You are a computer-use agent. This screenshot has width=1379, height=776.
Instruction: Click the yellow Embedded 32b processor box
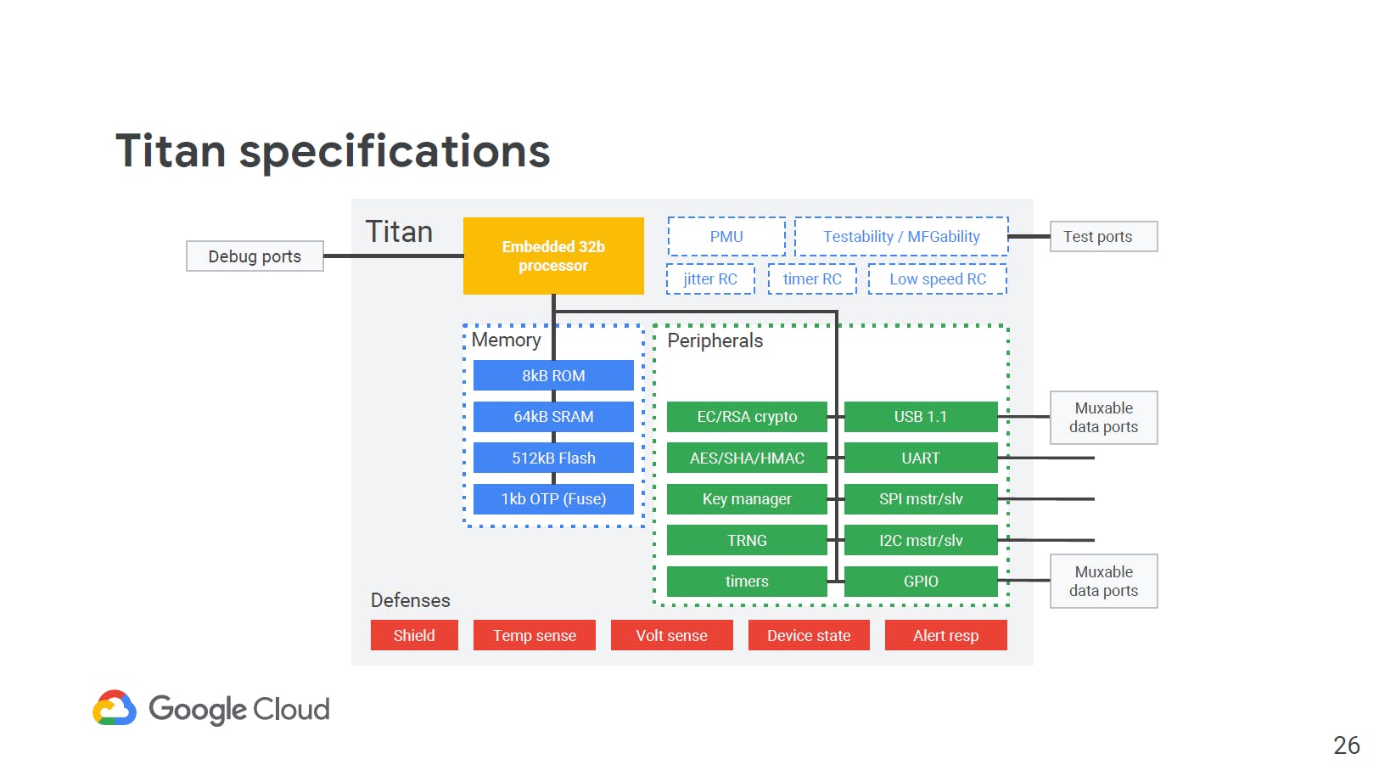pyautogui.click(x=553, y=256)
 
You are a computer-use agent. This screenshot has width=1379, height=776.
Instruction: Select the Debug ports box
pyautogui.click(x=255, y=256)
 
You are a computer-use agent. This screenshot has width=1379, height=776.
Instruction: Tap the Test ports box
pyautogui.click(x=1103, y=237)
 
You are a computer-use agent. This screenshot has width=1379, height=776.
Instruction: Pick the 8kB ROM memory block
pyautogui.click(x=553, y=375)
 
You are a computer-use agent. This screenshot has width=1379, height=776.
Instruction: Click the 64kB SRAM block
pyautogui.click(x=553, y=416)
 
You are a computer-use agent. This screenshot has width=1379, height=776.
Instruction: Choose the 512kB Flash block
pyautogui.click(x=553, y=458)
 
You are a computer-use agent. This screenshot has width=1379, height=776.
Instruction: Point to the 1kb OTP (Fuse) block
pyautogui.click(x=553, y=499)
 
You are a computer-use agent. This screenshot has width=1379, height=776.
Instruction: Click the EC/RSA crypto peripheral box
pyautogui.click(x=747, y=416)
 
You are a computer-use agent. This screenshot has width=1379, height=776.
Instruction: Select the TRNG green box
pyautogui.click(x=747, y=540)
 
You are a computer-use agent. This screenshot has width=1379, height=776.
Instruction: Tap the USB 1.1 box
pyautogui.click(x=921, y=416)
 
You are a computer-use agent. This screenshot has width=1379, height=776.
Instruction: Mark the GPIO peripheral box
pyautogui.click(x=921, y=582)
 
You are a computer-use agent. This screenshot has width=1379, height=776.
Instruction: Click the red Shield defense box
pyautogui.click(x=414, y=635)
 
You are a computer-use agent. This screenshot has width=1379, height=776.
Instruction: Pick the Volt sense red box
pyautogui.click(x=671, y=635)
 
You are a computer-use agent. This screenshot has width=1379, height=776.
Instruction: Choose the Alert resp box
pyautogui.click(x=945, y=635)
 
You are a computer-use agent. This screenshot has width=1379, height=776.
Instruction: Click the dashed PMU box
pyautogui.click(x=726, y=237)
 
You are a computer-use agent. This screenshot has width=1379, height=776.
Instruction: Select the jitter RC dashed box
pyautogui.click(x=710, y=279)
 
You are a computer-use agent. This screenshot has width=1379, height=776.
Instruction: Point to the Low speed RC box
pyautogui.click(x=938, y=279)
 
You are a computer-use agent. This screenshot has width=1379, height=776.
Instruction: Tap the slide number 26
pyautogui.click(x=1347, y=745)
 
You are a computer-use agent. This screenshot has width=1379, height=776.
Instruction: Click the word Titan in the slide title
pyautogui.click(x=171, y=150)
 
